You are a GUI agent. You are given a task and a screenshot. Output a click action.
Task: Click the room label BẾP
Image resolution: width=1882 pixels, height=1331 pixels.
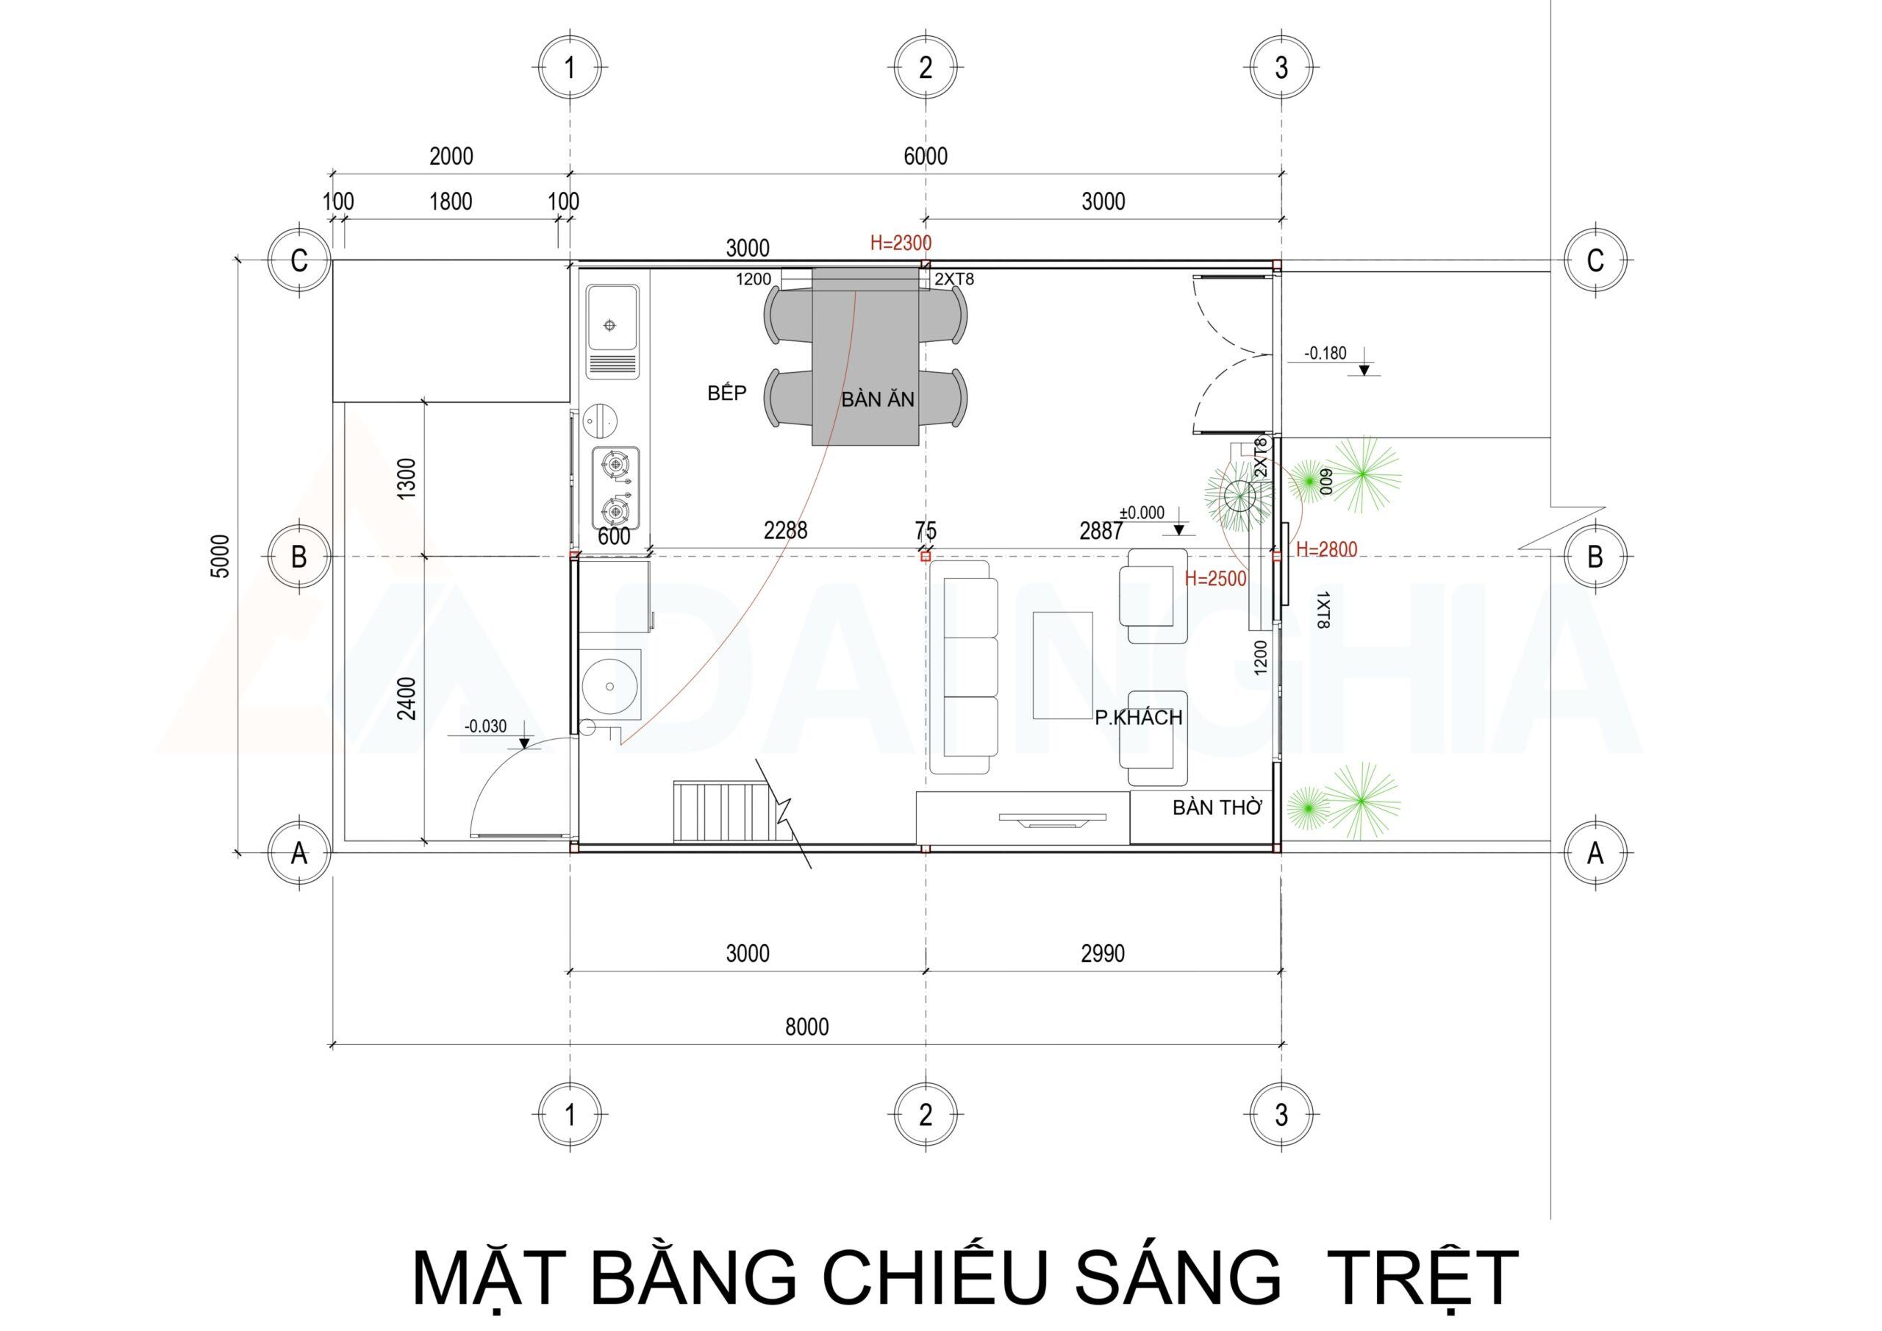(x=727, y=393)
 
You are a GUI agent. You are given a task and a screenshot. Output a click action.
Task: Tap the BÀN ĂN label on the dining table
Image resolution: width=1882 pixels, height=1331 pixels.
(x=877, y=400)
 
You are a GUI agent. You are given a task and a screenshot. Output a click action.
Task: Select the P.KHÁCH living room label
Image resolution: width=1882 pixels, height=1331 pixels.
(x=1139, y=718)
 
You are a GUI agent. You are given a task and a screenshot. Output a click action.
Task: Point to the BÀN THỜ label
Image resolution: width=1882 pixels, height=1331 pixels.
(x=1217, y=807)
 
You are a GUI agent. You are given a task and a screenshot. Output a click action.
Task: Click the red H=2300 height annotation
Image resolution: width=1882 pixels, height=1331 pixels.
(x=901, y=243)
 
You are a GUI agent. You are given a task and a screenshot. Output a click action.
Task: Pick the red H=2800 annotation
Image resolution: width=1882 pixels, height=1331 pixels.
(x=1326, y=549)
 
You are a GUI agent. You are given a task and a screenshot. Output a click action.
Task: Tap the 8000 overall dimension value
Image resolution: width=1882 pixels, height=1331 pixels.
(x=806, y=1027)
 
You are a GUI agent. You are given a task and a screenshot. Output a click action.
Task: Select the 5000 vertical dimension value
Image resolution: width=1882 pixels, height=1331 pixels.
(x=222, y=557)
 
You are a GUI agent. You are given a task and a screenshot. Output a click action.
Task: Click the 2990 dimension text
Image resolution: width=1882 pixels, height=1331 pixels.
(x=1103, y=953)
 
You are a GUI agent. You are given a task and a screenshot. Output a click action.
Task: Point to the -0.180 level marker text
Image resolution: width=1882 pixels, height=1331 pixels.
(x=1325, y=354)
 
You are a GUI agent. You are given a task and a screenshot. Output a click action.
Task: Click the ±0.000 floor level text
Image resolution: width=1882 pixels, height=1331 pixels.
(x=1142, y=513)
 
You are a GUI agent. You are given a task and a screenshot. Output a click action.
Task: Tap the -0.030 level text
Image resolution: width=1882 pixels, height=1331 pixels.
(x=485, y=726)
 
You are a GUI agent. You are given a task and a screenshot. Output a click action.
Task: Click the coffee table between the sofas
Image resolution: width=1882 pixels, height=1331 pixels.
(x=1062, y=664)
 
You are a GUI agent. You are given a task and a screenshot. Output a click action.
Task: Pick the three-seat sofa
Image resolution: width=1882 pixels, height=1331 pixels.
(x=970, y=667)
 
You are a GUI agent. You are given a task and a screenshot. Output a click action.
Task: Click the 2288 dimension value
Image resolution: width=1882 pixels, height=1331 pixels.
(x=785, y=532)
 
